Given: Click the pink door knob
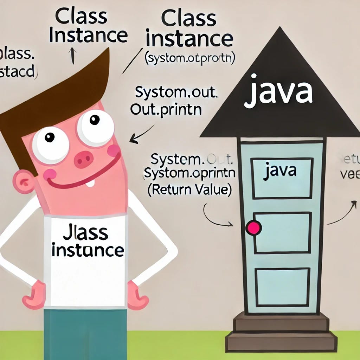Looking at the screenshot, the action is tap(254, 228).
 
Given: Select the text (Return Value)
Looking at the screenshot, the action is tap(189, 190).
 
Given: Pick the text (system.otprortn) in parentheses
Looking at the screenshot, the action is tap(189, 58).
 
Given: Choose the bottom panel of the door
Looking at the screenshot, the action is tap(281, 283).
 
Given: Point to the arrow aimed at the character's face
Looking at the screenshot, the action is tap(141, 135).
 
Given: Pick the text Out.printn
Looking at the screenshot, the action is tap(166, 110).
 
